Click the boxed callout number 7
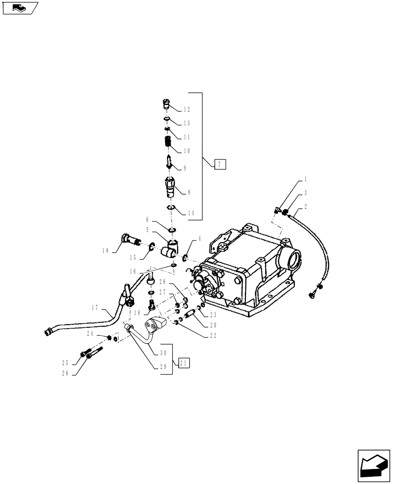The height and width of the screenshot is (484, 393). pos(219,165)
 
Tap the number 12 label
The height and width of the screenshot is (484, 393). pos(187,110)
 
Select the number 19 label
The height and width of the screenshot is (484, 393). pos(106,251)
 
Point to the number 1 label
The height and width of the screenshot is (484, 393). pos(305,179)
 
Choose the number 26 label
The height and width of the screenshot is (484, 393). pos(78,373)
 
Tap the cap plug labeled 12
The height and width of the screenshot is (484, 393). pos(165,103)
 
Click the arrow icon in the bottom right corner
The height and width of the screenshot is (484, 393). pos(373,465)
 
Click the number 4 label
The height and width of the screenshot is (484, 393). pos(199,239)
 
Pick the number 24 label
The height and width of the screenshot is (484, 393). pos(90,334)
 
